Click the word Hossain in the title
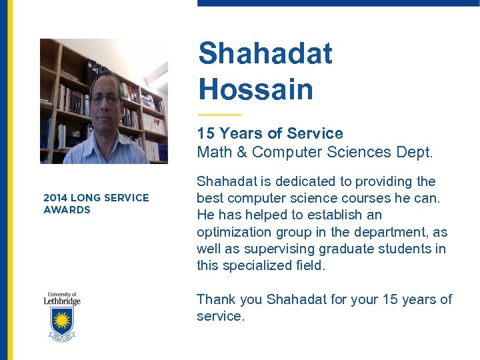pos(255,89)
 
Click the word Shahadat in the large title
pos(265,53)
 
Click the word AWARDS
pos(67,210)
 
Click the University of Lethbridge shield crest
pos(61,321)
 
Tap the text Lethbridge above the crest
pos(62,301)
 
